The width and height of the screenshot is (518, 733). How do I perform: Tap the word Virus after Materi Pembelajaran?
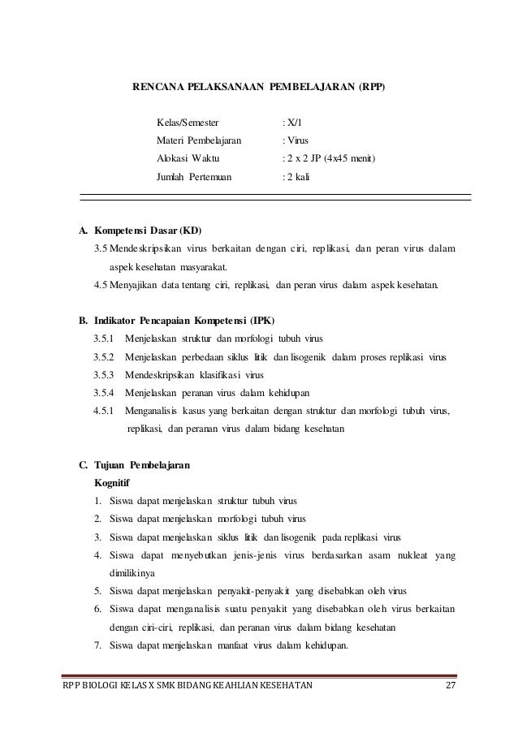click(291, 140)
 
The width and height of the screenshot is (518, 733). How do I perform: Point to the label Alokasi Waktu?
click(187, 157)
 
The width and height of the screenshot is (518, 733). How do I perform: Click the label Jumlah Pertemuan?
click(193, 175)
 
